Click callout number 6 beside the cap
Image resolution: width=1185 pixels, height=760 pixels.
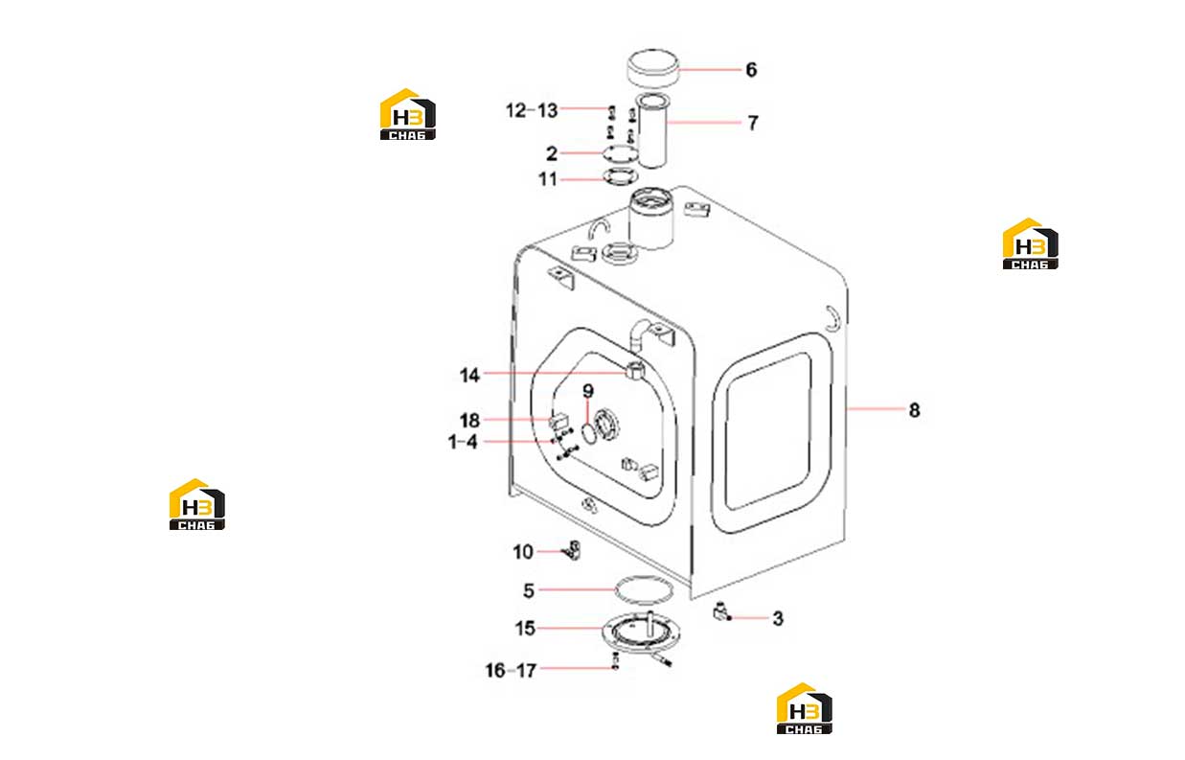click(751, 70)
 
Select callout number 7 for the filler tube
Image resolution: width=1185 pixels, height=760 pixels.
click(753, 123)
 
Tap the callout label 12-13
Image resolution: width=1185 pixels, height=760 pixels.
click(532, 110)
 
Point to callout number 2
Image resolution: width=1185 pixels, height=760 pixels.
click(552, 154)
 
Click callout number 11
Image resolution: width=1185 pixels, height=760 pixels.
click(548, 179)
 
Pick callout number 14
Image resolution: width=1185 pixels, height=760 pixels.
click(469, 376)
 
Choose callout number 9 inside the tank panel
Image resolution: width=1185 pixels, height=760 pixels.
click(588, 391)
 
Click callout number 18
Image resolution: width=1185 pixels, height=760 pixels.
click(469, 421)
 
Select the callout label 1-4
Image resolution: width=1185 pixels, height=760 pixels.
click(463, 442)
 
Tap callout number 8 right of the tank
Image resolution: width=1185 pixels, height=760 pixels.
click(915, 410)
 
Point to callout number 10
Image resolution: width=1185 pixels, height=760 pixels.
click(523, 552)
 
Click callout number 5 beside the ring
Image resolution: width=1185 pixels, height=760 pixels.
click(529, 590)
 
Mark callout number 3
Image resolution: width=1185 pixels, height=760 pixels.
click(778, 618)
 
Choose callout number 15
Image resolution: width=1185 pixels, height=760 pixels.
click(525, 628)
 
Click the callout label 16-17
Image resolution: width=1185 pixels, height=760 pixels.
click(511, 671)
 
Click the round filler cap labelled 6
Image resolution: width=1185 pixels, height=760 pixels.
click(652, 68)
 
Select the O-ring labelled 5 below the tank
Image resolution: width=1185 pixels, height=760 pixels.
click(644, 578)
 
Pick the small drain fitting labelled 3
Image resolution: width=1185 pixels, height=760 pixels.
click(721, 611)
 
